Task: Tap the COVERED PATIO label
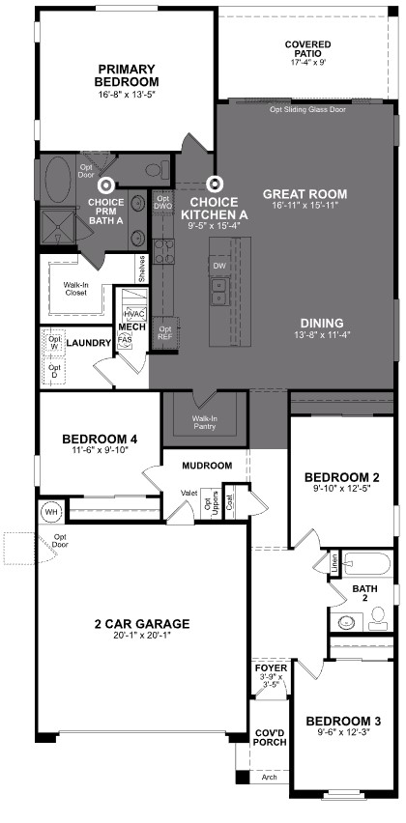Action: [308, 50]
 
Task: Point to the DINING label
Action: [323, 325]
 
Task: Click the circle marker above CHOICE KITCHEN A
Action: [217, 183]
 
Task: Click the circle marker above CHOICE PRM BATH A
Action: [106, 183]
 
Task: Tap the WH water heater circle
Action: [50, 511]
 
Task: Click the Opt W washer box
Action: [55, 343]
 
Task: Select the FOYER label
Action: [271, 668]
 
